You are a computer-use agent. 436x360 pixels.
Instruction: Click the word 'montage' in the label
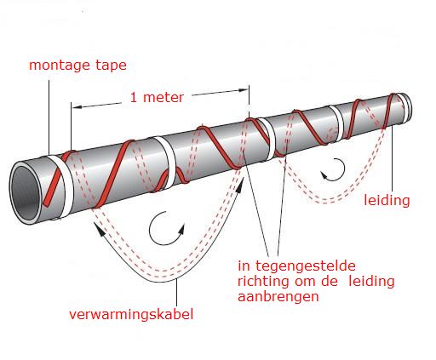click(60, 66)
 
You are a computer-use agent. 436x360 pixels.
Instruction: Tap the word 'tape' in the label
click(111, 66)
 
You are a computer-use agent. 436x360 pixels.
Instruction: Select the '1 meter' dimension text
click(157, 98)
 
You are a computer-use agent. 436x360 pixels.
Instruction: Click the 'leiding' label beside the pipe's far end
click(387, 200)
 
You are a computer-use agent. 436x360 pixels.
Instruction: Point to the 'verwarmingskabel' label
click(131, 314)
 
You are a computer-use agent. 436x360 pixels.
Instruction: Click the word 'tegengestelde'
click(306, 266)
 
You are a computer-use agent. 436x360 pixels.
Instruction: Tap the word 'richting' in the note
click(262, 282)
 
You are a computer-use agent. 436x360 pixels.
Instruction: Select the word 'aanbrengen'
click(278, 297)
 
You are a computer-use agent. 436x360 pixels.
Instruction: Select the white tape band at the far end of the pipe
click(406, 108)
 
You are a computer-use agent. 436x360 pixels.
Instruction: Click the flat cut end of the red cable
click(47, 203)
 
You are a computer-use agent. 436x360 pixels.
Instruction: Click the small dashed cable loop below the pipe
click(330, 201)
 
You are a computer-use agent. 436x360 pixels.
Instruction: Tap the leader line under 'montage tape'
click(49, 117)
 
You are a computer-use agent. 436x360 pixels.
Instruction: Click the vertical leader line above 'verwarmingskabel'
click(177, 294)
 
